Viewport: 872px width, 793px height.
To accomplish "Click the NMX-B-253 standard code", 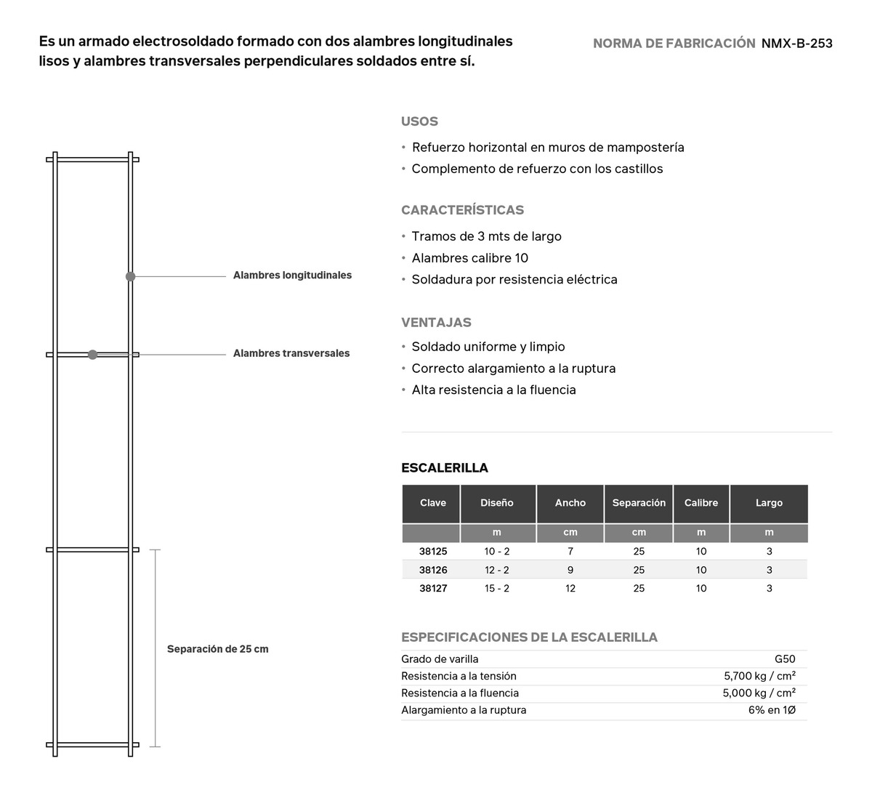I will (796, 44).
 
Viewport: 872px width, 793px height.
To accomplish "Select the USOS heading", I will (419, 121).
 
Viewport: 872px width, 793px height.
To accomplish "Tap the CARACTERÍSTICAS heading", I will (462, 210).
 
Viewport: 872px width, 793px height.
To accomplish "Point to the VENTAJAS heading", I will (436, 322).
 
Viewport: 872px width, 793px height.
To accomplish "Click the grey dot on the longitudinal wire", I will (131, 276).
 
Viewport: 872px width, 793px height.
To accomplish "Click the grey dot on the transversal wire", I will (92, 355).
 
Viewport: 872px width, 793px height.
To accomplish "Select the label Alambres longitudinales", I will (292, 275).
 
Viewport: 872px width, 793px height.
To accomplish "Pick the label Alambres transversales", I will (291, 353).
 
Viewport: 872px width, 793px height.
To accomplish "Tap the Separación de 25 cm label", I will (217, 649).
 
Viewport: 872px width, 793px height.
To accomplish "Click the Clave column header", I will (433, 503).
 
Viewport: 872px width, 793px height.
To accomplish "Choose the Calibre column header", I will (701, 503).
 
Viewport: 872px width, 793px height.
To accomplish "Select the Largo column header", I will (769, 503).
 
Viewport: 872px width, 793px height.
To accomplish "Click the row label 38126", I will (433, 570).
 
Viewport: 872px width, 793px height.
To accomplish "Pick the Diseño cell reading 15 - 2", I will (497, 588).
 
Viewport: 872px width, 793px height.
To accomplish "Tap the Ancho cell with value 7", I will (570, 552).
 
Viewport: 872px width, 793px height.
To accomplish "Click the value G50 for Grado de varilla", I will (785, 659).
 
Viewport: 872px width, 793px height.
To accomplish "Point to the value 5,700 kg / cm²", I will (759, 676).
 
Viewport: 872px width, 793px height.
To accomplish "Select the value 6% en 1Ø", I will (772, 710).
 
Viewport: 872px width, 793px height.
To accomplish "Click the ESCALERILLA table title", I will (445, 468).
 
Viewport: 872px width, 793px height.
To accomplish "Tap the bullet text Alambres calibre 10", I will (469, 258).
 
